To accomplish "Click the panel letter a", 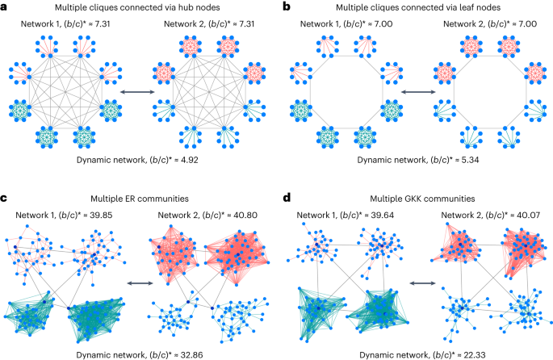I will [x=6, y=6].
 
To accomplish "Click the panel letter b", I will [x=287, y=6].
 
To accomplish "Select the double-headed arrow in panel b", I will [x=413, y=94].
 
